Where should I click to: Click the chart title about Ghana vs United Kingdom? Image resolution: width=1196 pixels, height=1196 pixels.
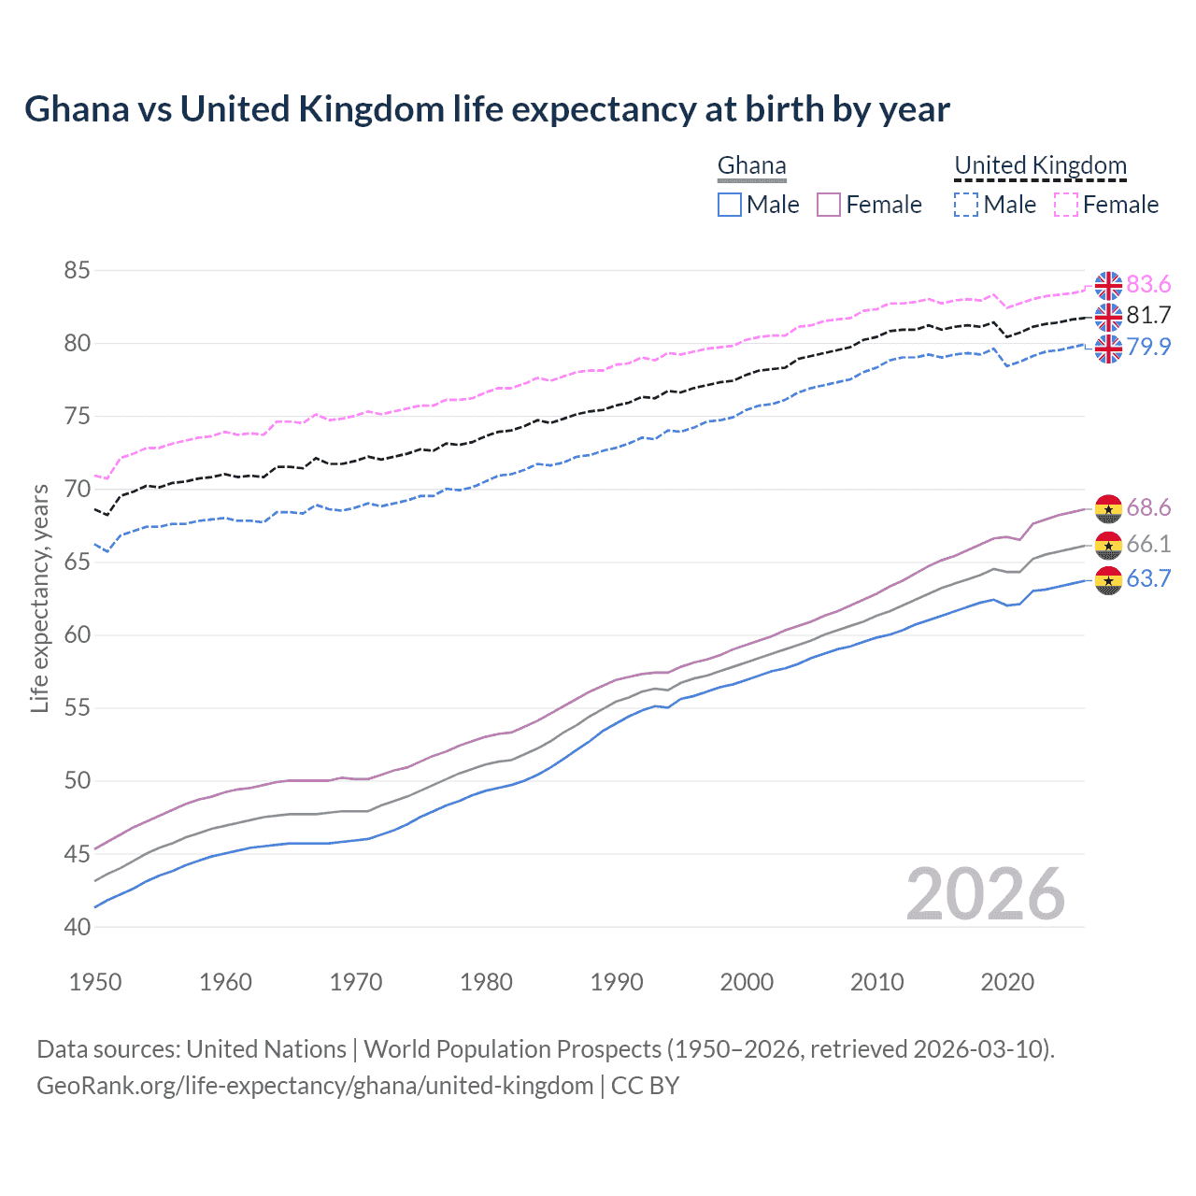pos(487,109)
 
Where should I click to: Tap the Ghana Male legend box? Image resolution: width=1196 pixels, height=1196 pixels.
pos(730,205)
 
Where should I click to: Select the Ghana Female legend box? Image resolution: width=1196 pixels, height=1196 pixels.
pos(829,205)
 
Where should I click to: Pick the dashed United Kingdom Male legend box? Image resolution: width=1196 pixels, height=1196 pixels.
pos(966,205)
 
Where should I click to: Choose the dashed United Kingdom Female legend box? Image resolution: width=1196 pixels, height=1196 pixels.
pos(1066,205)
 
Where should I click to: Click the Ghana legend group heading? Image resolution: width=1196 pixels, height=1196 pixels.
pos(752,166)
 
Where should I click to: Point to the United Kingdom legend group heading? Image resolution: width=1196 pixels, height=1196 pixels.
pos(1040,166)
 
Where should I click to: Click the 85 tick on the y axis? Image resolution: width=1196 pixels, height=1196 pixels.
pos(77,271)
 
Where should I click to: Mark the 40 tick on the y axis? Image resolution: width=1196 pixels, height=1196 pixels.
pos(77,927)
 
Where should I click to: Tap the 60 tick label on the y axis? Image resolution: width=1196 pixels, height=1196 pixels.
pos(77,635)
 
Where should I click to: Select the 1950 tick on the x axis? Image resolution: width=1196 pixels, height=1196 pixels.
pos(95,982)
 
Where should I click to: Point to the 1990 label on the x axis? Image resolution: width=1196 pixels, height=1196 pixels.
pos(617,982)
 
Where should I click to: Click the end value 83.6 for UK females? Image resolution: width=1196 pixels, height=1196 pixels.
pos(1148,284)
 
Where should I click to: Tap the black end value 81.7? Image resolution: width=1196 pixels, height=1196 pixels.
pos(1148,316)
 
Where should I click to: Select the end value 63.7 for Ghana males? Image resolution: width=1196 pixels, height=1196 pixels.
pos(1148,579)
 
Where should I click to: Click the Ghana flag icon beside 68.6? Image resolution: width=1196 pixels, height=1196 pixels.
pos(1108,509)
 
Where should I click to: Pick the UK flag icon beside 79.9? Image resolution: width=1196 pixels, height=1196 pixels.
pos(1108,349)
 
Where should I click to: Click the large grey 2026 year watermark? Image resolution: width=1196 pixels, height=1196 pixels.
pos(986,894)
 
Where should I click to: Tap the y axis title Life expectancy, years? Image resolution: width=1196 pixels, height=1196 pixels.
pos(39,598)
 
